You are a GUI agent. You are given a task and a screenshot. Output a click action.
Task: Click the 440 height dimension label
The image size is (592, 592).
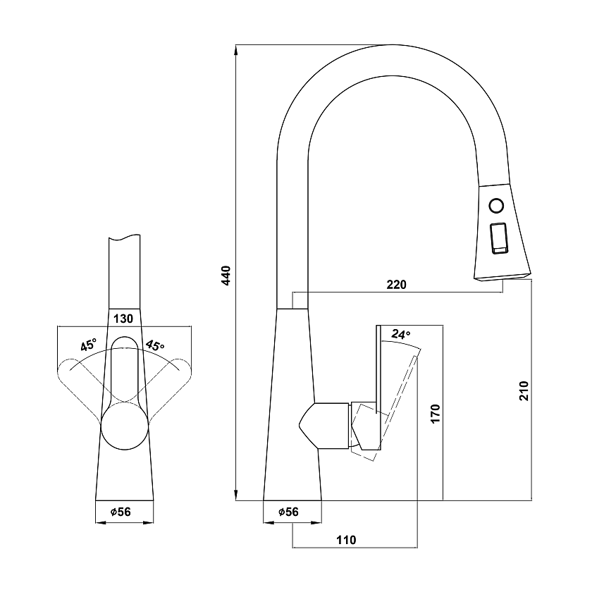[x=226, y=276]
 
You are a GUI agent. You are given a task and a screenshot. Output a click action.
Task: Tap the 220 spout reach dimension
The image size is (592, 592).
[x=396, y=284]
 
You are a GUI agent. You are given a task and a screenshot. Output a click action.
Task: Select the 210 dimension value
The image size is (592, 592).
[x=524, y=390]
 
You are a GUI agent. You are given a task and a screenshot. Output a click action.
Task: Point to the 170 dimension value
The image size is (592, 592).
[x=436, y=414]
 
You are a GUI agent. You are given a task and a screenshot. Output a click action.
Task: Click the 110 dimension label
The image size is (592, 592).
[x=346, y=540]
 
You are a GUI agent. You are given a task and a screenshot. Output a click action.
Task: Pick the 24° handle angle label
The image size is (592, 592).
[x=400, y=334]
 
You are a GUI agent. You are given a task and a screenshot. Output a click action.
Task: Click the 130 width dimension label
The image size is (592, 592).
[x=123, y=319]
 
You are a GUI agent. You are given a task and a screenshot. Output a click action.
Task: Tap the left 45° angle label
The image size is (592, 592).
[x=89, y=345]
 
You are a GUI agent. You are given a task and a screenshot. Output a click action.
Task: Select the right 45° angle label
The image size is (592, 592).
[x=155, y=345]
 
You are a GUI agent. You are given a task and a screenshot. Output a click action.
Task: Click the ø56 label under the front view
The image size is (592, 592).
[x=121, y=512]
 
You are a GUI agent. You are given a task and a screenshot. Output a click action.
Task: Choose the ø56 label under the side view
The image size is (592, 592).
[x=288, y=512]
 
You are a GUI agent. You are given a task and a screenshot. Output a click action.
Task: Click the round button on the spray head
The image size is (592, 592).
[x=496, y=206]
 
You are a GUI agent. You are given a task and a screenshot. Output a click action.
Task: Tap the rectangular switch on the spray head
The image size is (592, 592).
[x=498, y=238]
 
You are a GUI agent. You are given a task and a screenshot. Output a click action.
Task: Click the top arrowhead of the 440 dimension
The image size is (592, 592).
[x=236, y=50]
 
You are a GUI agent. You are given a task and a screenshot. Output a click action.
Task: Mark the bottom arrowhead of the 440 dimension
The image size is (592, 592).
[x=236, y=495]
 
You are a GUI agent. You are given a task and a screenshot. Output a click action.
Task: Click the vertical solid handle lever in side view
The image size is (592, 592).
[x=378, y=388]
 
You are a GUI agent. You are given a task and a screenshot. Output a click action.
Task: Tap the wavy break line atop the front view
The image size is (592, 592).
[x=124, y=237]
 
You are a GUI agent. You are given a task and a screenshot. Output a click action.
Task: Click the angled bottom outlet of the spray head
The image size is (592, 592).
[x=502, y=278]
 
